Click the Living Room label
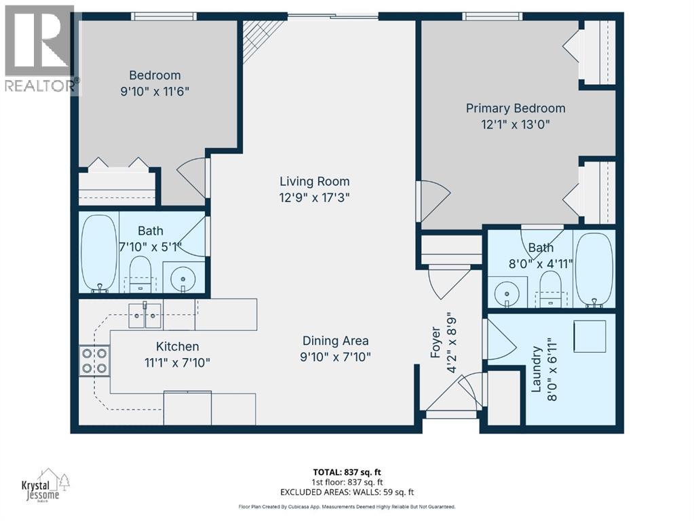point(314,182)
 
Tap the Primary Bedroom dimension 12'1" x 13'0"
point(515,124)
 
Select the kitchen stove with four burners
point(95,361)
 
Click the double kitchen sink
point(144,315)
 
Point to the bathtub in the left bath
point(98,253)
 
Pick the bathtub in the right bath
point(594,269)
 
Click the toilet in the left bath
point(140,274)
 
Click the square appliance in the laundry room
point(590,336)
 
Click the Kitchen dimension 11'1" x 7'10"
point(177,363)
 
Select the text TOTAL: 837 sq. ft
point(347,472)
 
